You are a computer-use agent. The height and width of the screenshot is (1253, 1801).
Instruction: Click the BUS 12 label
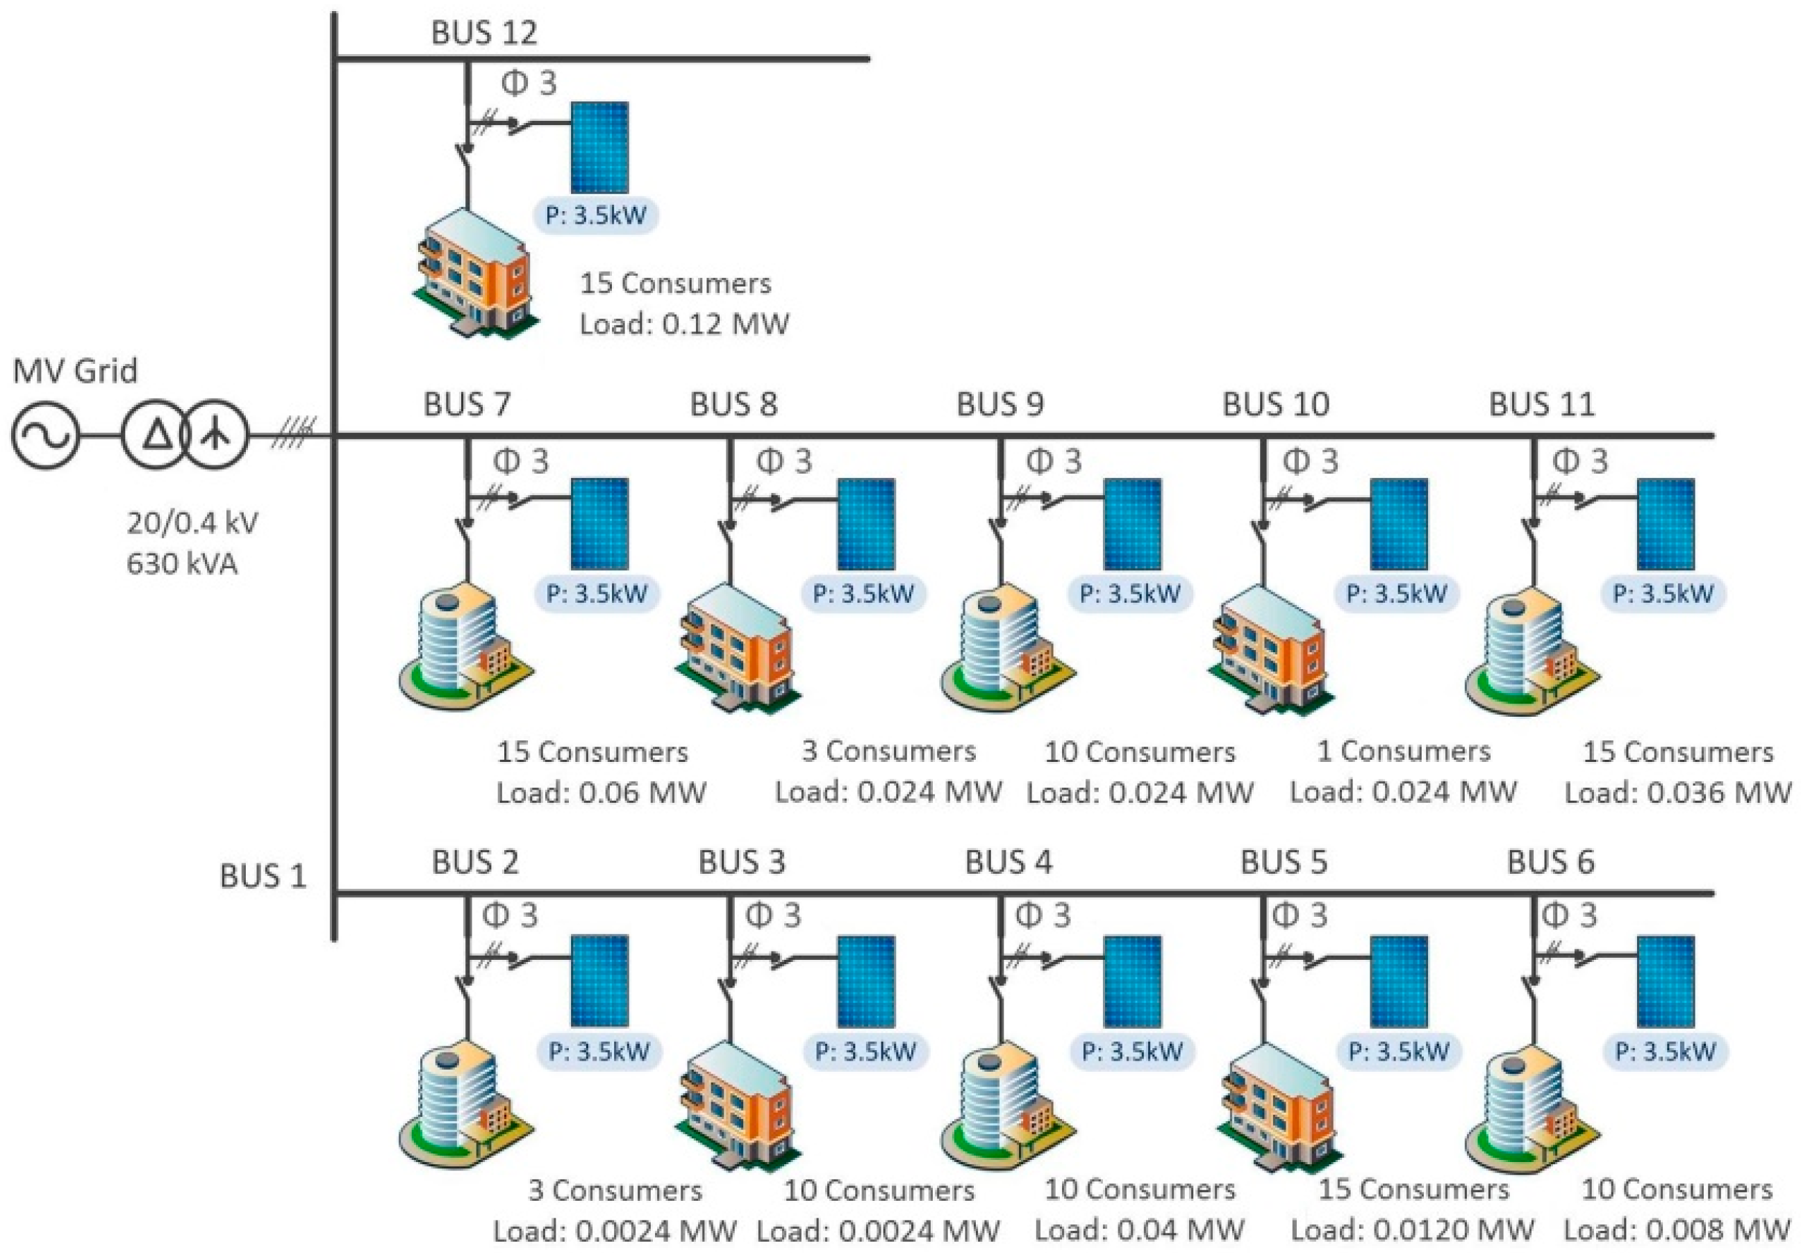click(484, 33)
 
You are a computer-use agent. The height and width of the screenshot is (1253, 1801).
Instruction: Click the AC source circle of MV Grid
click(44, 435)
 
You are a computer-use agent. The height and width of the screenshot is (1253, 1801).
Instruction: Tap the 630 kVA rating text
click(182, 563)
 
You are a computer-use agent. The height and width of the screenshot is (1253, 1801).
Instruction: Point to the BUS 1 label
click(262, 877)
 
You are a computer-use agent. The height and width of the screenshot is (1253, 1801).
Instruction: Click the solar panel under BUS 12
click(599, 147)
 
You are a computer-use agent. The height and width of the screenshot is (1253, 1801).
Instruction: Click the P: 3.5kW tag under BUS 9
click(1129, 594)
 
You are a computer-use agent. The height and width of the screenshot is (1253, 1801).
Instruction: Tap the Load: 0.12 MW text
click(684, 323)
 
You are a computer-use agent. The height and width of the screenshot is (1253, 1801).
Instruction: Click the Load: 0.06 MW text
click(601, 793)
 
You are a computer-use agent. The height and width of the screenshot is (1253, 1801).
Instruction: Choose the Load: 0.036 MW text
click(1678, 793)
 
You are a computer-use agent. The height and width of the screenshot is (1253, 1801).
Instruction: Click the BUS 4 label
click(1008, 862)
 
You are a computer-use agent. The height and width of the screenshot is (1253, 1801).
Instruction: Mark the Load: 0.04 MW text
click(1139, 1229)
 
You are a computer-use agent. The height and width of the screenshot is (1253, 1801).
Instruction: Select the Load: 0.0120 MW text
click(1412, 1229)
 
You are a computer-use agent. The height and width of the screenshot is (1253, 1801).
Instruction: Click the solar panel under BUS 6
click(1666, 981)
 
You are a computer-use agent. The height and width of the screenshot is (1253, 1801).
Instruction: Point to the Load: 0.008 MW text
click(1677, 1229)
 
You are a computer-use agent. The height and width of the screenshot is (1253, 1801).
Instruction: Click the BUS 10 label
click(1275, 405)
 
